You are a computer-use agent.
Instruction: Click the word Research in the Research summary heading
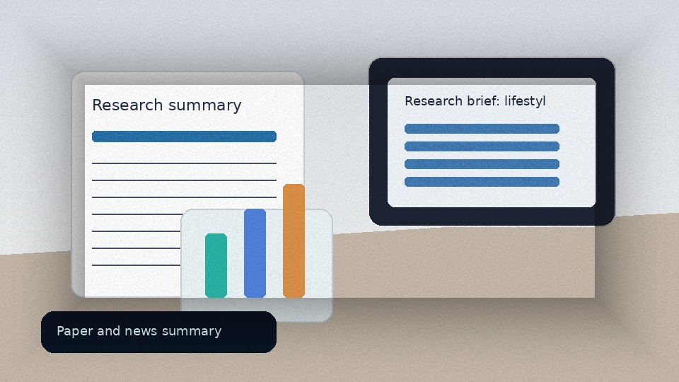pyautogui.click(x=127, y=105)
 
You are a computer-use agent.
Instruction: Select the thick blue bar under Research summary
pyautogui.click(x=184, y=137)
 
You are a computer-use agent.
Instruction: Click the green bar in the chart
pyautogui.click(x=216, y=265)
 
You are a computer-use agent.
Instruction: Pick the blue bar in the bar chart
pyautogui.click(x=255, y=253)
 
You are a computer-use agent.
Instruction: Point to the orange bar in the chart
pyautogui.click(x=294, y=241)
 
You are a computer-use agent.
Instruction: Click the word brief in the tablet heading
pyautogui.click(x=483, y=101)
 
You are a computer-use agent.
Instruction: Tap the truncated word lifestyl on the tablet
pyautogui.click(x=525, y=101)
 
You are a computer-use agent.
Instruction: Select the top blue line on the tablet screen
pyautogui.click(x=482, y=129)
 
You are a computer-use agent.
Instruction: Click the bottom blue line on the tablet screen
pyautogui.click(x=482, y=182)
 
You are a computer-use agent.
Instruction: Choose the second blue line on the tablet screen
pyautogui.click(x=482, y=146)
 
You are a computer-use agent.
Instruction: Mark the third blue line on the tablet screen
pyautogui.click(x=482, y=164)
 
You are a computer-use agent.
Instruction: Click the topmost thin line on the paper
pyautogui.click(x=184, y=163)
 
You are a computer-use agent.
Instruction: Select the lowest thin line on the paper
pyautogui.click(x=137, y=265)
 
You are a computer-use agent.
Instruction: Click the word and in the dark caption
pyautogui.click(x=109, y=331)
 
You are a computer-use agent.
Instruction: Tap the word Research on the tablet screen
pyautogui.click(x=434, y=101)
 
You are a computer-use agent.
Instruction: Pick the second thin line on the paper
pyautogui.click(x=184, y=180)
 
